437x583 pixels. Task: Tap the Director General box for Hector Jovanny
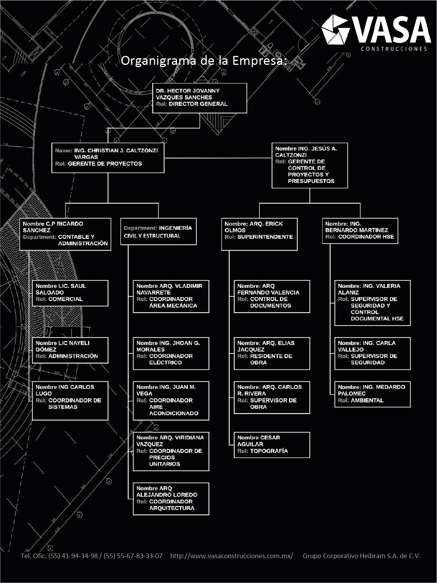click(199, 98)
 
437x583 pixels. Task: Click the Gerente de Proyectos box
click(108, 157)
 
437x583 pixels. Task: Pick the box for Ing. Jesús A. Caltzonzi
click(309, 165)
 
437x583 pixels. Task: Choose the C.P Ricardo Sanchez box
click(65, 234)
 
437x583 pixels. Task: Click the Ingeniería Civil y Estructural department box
click(158, 232)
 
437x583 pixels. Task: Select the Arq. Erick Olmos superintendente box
click(259, 234)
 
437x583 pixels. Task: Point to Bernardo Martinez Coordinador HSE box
click(360, 231)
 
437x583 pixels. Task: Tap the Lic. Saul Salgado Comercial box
click(70, 293)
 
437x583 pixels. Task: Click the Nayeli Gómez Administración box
click(70, 350)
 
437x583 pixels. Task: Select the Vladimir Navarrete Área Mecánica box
click(171, 296)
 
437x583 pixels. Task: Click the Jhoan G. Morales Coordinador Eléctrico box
click(171, 353)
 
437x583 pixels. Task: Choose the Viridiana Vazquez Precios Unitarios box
click(171, 451)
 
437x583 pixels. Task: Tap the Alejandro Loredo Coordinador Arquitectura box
click(171, 498)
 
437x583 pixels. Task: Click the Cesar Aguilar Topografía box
click(272, 445)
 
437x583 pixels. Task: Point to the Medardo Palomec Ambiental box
click(372, 394)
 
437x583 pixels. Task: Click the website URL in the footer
click(232, 556)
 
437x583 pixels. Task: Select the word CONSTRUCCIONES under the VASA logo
click(394, 49)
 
